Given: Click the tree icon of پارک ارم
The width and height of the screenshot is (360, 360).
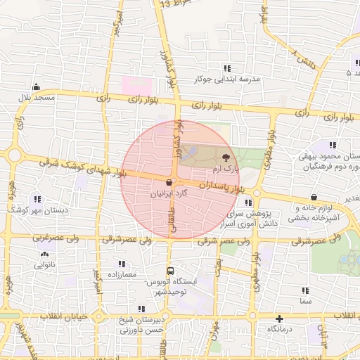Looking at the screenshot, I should point(225,158).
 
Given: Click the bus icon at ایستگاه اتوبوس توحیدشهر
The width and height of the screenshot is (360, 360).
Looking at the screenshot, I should point(170,271).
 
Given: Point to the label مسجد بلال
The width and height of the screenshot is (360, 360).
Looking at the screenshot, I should point(37,96).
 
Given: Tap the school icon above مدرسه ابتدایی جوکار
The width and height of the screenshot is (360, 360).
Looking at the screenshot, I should point(226,68).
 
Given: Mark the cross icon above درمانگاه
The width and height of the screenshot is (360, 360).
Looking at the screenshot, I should point(280,319).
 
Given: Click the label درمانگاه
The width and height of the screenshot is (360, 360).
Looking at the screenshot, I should point(281,329).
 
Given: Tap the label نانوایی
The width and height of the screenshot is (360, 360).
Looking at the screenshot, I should point(46,265).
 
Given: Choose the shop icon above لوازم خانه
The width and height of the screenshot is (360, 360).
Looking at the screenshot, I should point(313,198).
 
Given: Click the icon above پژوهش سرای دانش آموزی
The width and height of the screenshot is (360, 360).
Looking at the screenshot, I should point(248,202).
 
